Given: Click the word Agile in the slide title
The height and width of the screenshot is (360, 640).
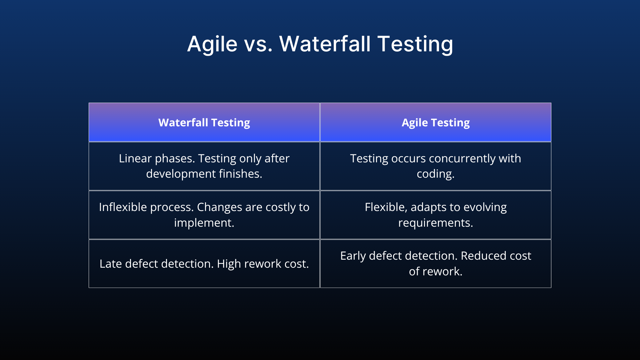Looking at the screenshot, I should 212,44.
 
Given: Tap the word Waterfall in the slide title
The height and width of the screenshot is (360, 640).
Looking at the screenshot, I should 325,44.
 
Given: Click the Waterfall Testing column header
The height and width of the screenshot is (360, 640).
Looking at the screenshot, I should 204,122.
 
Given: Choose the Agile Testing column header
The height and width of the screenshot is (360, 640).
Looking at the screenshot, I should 435,122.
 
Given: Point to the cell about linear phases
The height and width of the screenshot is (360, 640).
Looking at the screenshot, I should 204,166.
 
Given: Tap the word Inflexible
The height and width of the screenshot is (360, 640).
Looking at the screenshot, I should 123,207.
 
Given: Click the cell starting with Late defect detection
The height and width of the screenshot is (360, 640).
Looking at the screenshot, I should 204,264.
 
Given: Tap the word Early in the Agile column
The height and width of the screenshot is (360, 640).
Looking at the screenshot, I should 353,256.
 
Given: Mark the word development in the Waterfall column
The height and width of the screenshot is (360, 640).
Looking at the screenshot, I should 180,174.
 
